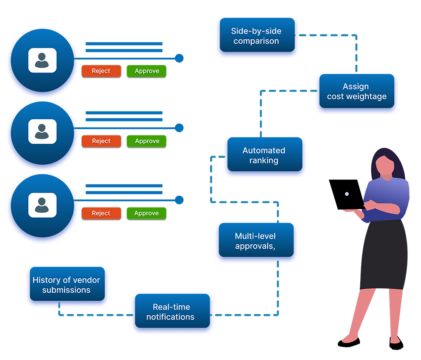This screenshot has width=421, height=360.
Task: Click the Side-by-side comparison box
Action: [256, 36]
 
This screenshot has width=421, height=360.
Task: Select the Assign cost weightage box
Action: [356, 92]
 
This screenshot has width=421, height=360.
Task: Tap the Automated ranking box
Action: [264, 156]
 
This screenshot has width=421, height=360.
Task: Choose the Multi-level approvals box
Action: [255, 241]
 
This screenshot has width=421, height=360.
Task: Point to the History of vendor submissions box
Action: [66, 285]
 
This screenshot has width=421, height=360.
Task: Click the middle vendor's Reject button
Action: [101, 141]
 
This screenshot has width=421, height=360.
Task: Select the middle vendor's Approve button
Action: [147, 141]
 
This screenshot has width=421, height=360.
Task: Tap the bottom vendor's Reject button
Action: [101, 213]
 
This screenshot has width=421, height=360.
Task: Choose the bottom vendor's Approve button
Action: [147, 213]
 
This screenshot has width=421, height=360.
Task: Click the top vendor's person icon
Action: [42, 60]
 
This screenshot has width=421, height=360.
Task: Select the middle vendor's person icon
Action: [42, 132]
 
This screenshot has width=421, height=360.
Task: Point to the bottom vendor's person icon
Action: [42, 204]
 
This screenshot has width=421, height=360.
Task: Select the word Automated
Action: [264, 151]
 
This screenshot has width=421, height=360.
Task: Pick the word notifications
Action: [170, 317]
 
